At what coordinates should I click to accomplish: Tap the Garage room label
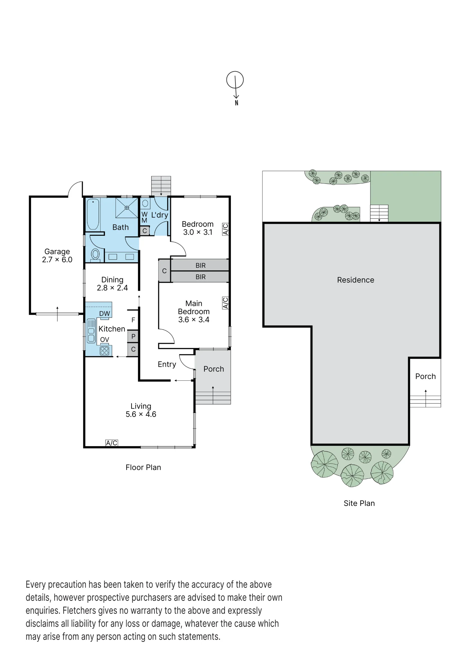pyautogui.click(x=57, y=251)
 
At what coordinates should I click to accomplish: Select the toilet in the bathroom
pyautogui.click(x=95, y=255)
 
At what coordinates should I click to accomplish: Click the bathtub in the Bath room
pyautogui.click(x=93, y=214)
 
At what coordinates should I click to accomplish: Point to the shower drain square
pyautogui.click(x=127, y=208)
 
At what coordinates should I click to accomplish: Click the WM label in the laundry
pyautogui.click(x=144, y=217)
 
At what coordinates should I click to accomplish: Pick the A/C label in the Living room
pyautogui.click(x=112, y=443)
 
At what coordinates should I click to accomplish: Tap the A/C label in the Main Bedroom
pyautogui.click(x=226, y=303)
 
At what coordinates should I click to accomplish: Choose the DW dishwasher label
pyautogui.click(x=105, y=313)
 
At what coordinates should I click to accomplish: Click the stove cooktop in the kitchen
pyautogui.click(x=105, y=351)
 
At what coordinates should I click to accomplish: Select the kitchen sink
pyautogui.click(x=91, y=331)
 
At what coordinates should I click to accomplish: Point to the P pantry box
pyautogui.click(x=133, y=336)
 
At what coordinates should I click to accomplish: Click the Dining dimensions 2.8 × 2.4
pyautogui.click(x=112, y=288)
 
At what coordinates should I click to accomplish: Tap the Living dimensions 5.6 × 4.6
pyautogui.click(x=141, y=414)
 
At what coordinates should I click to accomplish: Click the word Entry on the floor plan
pyautogui.click(x=167, y=364)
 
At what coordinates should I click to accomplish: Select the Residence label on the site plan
pyautogui.click(x=355, y=280)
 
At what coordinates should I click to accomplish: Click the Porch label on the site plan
pyautogui.click(x=425, y=376)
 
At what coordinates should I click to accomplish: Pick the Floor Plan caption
pyautogui.click(x=143, y=468)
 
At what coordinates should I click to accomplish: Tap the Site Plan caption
pyautogui.click(x=359, y=503)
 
